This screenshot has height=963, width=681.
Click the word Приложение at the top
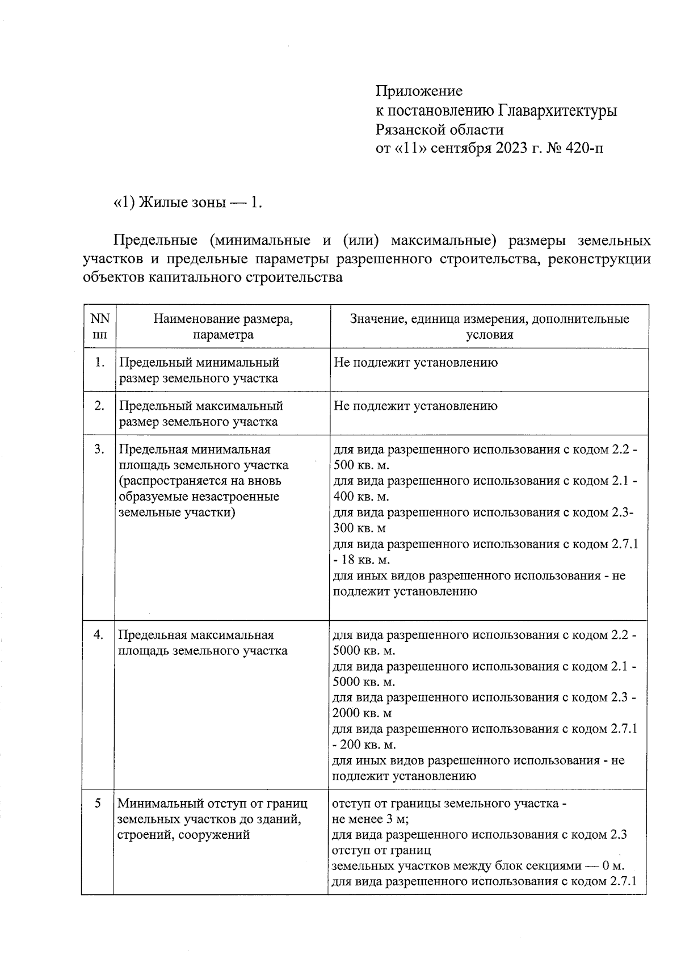419,91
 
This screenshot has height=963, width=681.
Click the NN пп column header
99,326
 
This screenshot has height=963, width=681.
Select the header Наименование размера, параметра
222,326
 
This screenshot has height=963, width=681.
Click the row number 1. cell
99,362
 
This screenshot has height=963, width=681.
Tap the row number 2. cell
99,406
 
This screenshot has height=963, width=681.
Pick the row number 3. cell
99,449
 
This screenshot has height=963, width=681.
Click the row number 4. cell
99,635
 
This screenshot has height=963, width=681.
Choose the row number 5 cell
99,804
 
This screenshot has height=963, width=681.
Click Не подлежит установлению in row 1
415,362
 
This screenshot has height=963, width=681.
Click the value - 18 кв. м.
361,560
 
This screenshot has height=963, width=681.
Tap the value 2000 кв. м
362,713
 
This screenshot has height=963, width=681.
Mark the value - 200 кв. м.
364,745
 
